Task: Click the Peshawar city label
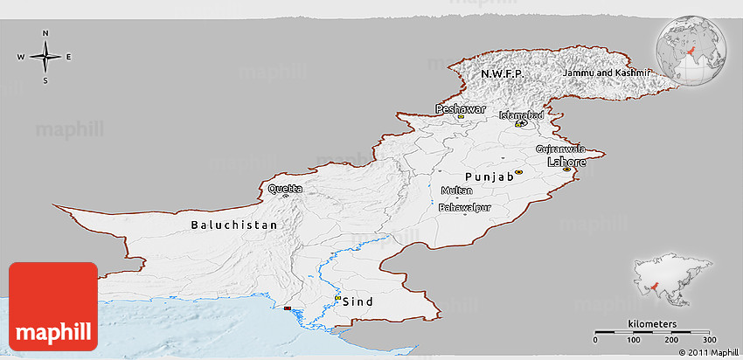point(460,109)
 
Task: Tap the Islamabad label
point(521,115)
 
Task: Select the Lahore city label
point(566,162)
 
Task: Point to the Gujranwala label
point(559,149)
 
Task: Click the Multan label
point(456,190)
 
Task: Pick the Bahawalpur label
point(464,208)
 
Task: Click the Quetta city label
point(286,189)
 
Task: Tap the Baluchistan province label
point(234,225)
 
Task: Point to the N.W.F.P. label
point(502,74)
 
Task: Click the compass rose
point(45,57)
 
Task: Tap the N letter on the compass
point(45,34)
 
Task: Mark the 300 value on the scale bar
point(710,340)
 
